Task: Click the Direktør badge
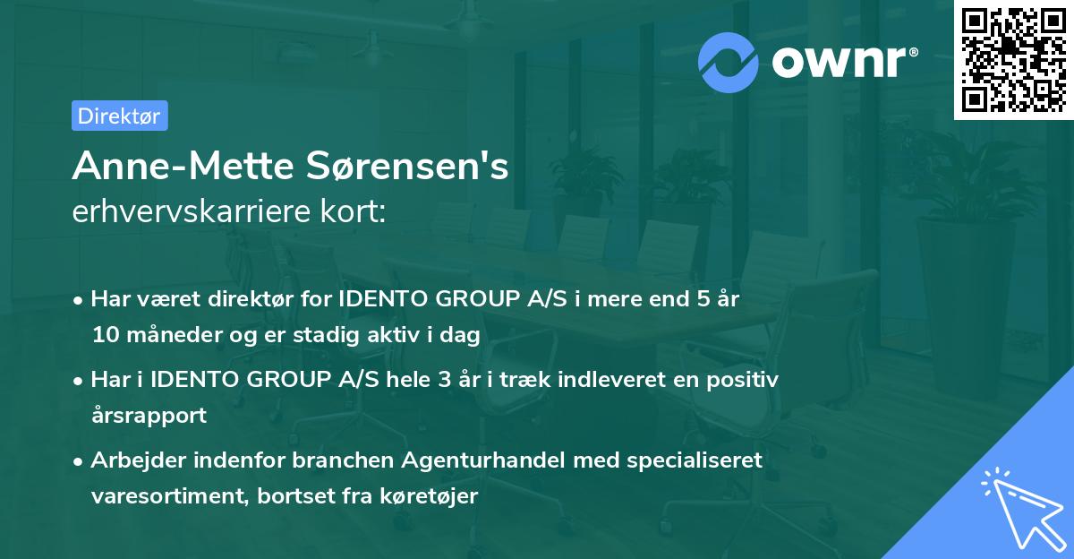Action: pyautogui.click(x=119, y=116)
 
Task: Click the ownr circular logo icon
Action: pyautogui.click(x=728, y=61)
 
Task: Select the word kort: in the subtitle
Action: pyautogui.click(x=355, y=212)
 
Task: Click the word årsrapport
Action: pyautogui.click(x=149, y=416)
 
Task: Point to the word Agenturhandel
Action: pyautogui.click(x=473, y=460)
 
